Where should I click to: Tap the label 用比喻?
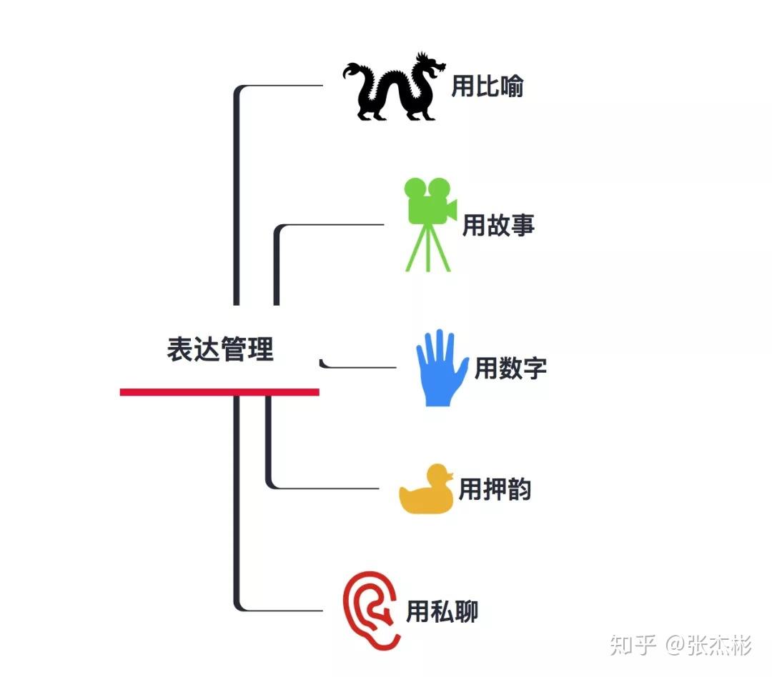pos(488,87)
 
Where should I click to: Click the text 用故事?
pos(498,226)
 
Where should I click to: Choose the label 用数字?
pos(510,368)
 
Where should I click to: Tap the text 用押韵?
pos(495,490)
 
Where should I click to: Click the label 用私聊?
pos(442,612)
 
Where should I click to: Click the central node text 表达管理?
pos(220,350)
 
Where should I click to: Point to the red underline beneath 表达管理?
pos(219,391)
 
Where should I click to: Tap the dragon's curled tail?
pos(353,71)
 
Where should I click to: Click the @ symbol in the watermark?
pos(675,646)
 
